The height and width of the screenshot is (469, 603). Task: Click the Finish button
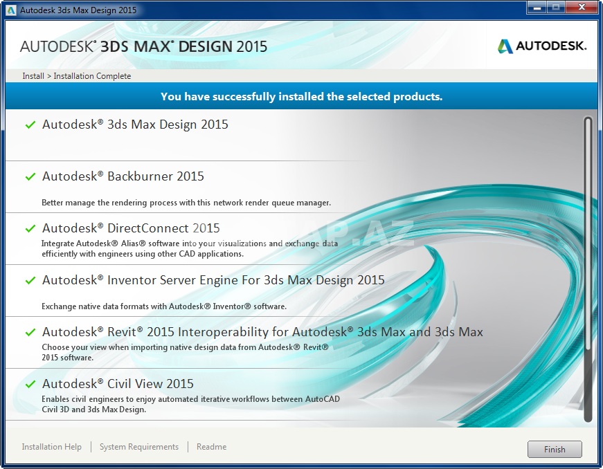[x=555, y=449]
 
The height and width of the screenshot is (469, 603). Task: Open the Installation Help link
[x=51, y=447]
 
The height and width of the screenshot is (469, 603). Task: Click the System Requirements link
[x=139, y=447]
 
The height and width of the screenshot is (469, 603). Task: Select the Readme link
[x=212, y=447]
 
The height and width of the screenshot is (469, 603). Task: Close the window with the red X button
[x=582, y=8]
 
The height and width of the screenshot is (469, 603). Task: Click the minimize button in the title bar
[x=537, y=8]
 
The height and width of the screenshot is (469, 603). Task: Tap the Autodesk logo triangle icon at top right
[x=505, y=46]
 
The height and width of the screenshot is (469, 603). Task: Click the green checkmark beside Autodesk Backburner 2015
[x=30, y=176]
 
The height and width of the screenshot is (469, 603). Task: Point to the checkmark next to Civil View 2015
[x=30, y=384]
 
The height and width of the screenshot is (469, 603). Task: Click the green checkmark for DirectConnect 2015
[x=30, y=228]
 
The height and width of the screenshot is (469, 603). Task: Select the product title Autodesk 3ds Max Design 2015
[x=135, y=125]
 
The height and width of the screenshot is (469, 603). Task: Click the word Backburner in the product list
[x=140, y=176]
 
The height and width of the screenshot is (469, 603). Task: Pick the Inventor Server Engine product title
[x=213, y=280]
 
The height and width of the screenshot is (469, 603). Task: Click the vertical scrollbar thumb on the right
[x=588, y=269]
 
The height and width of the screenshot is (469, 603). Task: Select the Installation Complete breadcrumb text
[x=92, y=76]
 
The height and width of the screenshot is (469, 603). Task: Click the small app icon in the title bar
[x=11, y=10]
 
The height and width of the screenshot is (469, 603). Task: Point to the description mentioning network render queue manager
[x=186, y=203]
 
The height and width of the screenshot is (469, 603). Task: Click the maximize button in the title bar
[x=556, y=8]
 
